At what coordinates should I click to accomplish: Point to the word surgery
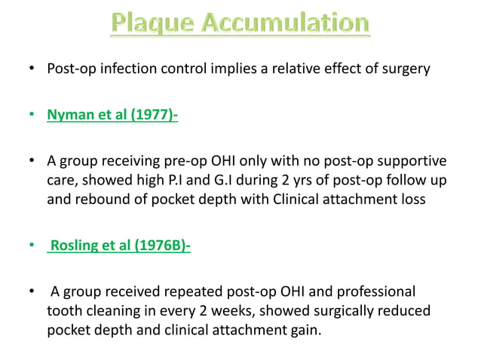[x=406, y=70]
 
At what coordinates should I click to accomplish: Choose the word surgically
[x=354, y=310]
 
